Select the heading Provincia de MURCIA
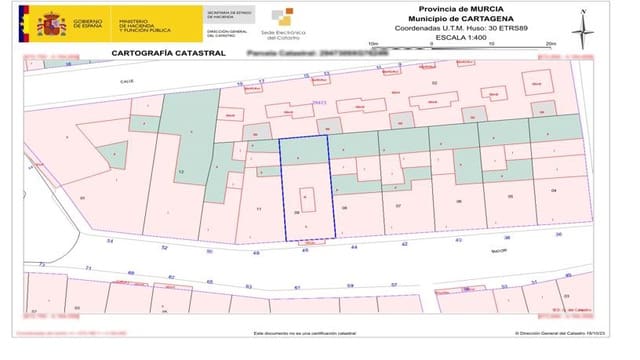(x=448, y=8)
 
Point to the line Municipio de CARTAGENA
(x=448, y=18)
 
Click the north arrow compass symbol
(x=578, y=22)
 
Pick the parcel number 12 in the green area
(x=181, y=172)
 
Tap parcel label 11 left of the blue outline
(x=259, y=208)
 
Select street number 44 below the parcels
(x=353, y=246)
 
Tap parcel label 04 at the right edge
(x=553, y=188)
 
